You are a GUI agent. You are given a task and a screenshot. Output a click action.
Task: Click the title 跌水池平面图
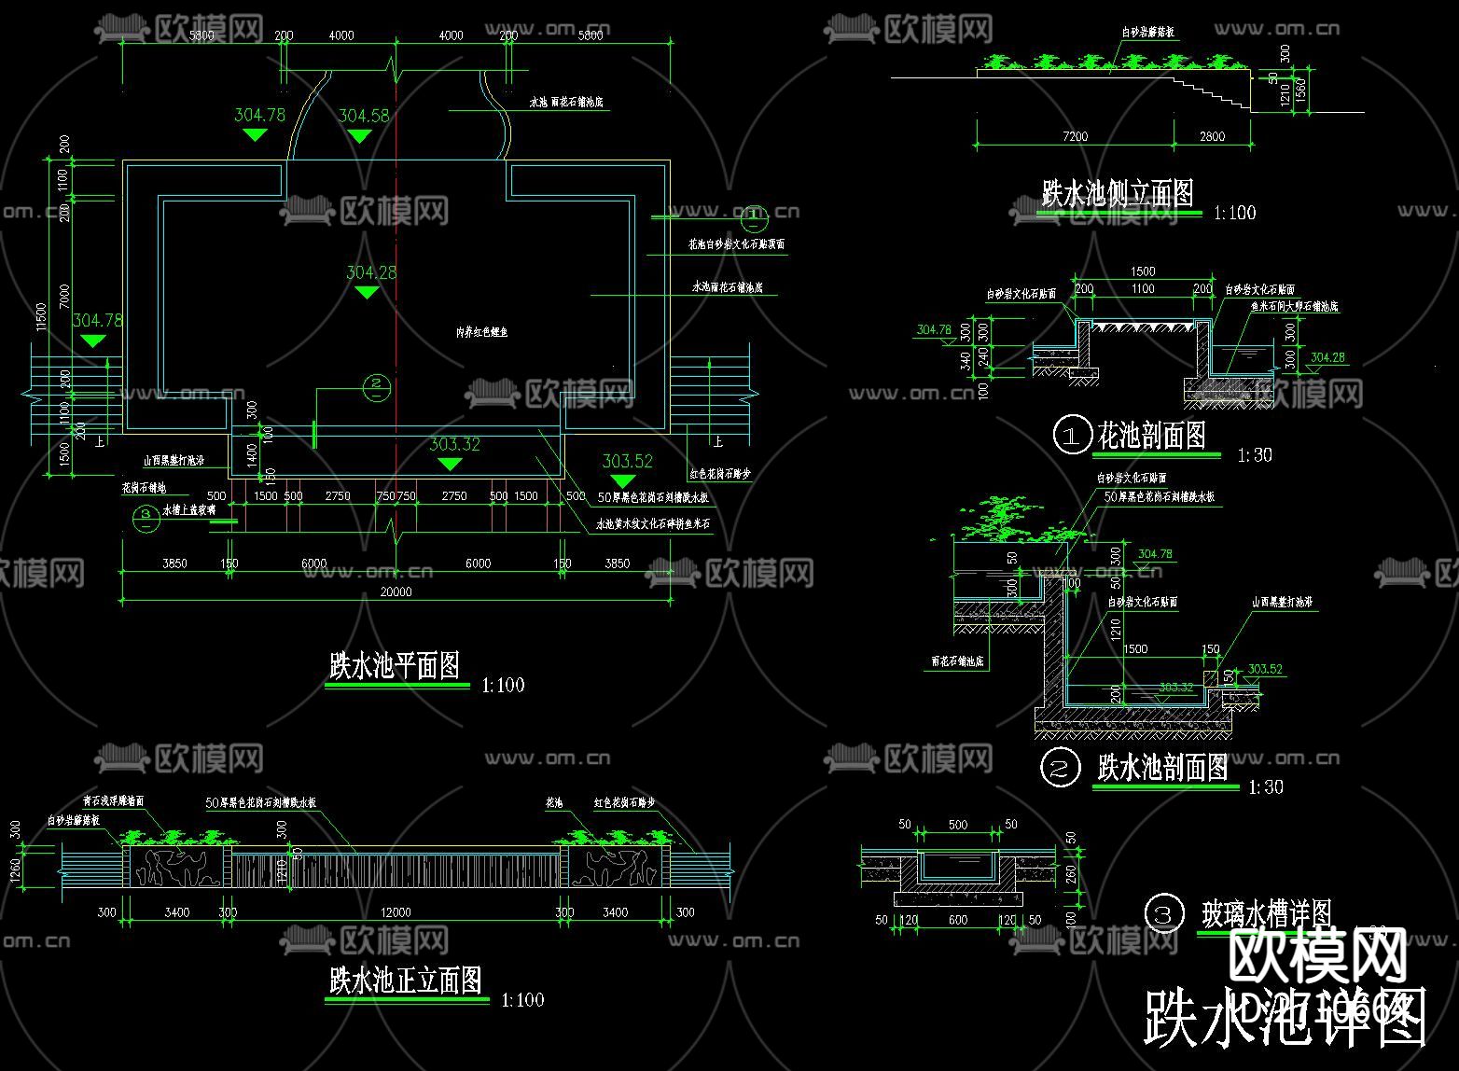(x=395, y=665)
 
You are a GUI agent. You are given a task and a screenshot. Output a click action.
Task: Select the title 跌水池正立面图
(x=405, y=981)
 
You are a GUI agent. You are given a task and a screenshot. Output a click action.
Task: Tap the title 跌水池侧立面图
(x=1118, y=193)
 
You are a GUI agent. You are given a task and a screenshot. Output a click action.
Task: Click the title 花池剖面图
(x=1152, y=435)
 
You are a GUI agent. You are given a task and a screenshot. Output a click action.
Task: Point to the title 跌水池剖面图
(x=1162, y=768)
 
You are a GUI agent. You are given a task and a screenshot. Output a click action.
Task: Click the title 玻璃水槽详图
(x=1266, y=913)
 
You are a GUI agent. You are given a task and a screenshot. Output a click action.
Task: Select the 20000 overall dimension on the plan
(x=396, y=591)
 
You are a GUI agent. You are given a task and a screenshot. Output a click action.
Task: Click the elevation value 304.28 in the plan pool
(x=371, y=272)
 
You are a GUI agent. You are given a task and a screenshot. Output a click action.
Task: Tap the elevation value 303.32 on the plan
(x=454, y=444)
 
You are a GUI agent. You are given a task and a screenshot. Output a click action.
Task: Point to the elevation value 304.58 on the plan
(x=363, y=116)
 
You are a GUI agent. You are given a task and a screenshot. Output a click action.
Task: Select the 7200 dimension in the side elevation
(x=1075, y=136)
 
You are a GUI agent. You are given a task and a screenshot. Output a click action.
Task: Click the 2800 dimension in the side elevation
(x=1212, y=136)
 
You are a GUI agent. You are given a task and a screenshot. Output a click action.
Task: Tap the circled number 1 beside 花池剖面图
(x=1072, y=436)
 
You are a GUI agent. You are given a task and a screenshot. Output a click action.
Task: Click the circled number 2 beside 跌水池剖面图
(x=1060, y=769)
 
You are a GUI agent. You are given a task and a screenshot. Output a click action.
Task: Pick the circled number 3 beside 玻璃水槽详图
(x=1163, y=914)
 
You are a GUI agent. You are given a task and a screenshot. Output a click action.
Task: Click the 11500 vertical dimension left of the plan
(x=40, y=317)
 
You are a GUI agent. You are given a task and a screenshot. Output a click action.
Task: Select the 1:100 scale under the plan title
(x=503, y=686)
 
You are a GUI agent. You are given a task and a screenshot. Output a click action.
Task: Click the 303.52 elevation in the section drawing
(x=1265, y=669)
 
